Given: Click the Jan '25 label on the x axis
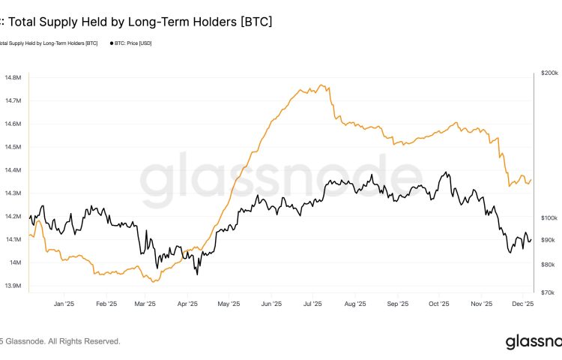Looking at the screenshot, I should pyautogui.click(x=64, y=304).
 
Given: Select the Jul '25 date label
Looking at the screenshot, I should pyautogui.click(x=313, y=304).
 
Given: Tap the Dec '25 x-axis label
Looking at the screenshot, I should pyautogui.click(x=522, y=304).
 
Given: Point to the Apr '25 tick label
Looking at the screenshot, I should pyautogui.click(x=187, y=304).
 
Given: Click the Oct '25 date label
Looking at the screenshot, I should pyautogui.click(x=438, y=304).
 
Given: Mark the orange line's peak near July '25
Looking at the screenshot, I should pyautogui.click(x=321, y=85).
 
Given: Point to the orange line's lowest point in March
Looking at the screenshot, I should pyautogui.click(x=153, y=281).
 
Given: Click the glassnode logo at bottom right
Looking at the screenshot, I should pyautogui.click(x=532, y=342).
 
